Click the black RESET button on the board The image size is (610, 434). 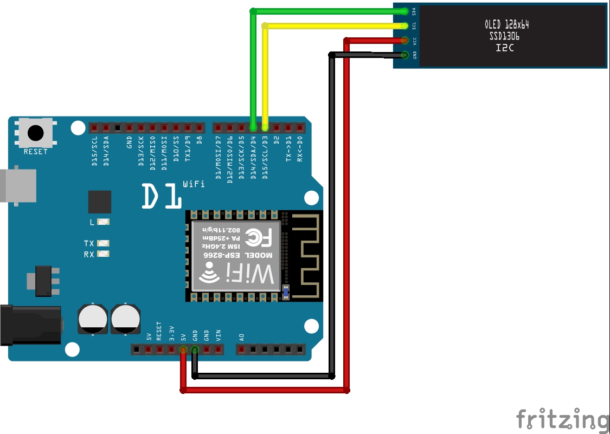click(x=36, y=132)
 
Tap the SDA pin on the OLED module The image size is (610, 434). click(x=405, y=11)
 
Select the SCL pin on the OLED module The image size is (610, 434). click(x=405, y=25)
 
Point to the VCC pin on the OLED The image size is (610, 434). click(x=405, y=40)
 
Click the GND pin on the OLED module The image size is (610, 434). click(x=405, y=54)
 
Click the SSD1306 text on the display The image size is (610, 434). click(x=504, y=36)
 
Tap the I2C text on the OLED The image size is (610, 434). click(x=504, y=48)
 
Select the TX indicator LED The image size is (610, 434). click(x=103, y=243)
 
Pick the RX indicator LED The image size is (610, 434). click(x=103, y=254)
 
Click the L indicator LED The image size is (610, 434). click(x=103, y=222)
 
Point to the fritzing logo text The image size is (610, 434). click(x=562, y=419)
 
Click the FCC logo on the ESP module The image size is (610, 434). click(x=259, y=237)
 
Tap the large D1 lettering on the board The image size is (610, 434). click(x=161, y=196)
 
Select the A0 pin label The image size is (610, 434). click(x=241, y=337)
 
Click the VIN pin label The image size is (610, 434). click(x=218, y=335)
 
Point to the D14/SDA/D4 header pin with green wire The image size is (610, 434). click(x=253, y=128)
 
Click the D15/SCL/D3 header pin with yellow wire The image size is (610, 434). click(x=265, y=128)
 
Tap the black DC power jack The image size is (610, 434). click(x=30, y=325)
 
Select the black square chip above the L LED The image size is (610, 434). click(x=100, y=202)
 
